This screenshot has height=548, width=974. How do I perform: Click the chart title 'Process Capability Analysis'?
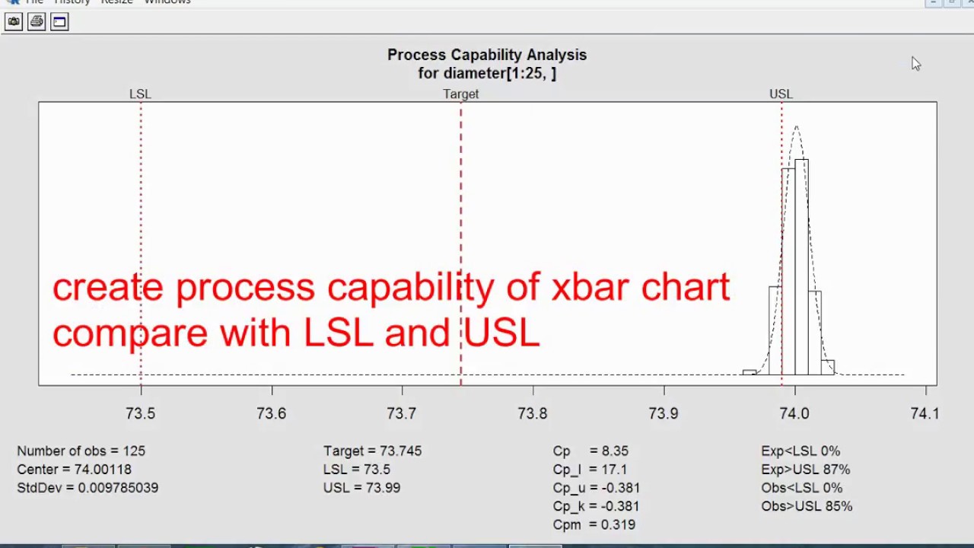pyautogui.click(x=487, y=55)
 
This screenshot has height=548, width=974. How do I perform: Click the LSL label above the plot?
pyautogui.click(x=140, y=94)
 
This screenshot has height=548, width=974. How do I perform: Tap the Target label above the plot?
pyautogui.click(x=461, y=94)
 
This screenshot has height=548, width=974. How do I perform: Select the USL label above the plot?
pyautogui.click(x=781, y=94)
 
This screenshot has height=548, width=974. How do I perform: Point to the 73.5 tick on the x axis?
pyautogui.click(x=140, y=413)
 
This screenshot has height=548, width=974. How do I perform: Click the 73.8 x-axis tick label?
pyautogui.click(x=533, y=413)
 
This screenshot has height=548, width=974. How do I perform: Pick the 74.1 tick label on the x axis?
pyautogui.click(x=925, y=413)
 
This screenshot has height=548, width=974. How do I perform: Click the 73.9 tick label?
pyautogui.click(x=664, y=413)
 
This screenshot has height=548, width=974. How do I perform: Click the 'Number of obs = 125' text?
pyautogui.click(x=81, y=451)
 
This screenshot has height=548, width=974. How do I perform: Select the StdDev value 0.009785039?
pyautogui.click(x=118, y=488)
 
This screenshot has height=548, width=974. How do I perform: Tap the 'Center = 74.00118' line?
pyautogui.click(x=74, y=470)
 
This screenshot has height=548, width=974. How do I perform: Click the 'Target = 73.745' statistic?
pyautogui.click(x=372, y=451)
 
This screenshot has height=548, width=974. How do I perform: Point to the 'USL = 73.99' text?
pyautogui.click(x=361, y=488)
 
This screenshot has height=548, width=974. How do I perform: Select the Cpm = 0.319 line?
pyautogui.click(x=594, y=524)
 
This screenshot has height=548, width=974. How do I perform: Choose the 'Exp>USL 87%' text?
pyautogui.click(x=805, y=470)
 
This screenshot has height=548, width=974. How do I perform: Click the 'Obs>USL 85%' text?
pyautogui.click(x=807, y=506)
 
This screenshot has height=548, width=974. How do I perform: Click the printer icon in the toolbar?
pyautogui.click(x=37, y=22)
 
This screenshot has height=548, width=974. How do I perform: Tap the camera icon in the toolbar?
pyautogui.click(x=14, y=22)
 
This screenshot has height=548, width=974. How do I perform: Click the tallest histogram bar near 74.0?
pyautogui.click(x=801, y=266)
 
